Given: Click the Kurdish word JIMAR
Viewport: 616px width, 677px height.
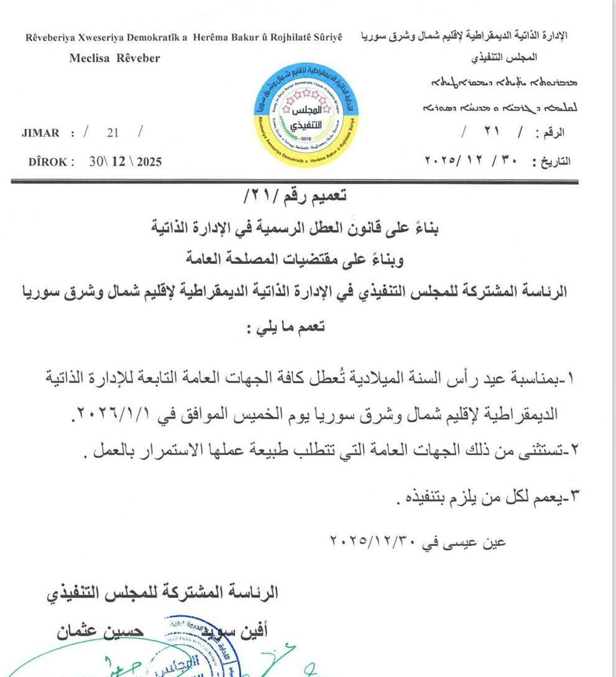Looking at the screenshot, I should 40,133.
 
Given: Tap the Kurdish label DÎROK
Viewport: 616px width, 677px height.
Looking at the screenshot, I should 50,161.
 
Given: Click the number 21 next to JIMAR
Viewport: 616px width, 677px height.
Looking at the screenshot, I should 113,133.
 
